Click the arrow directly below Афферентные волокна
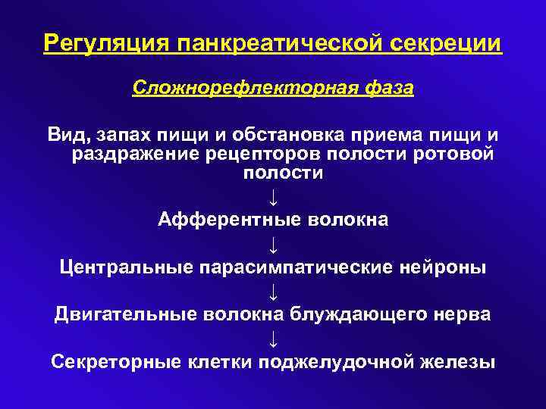pyautogui.click(x=273, y=244)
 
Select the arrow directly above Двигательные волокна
pyautogui.click(x=273, y=291)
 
